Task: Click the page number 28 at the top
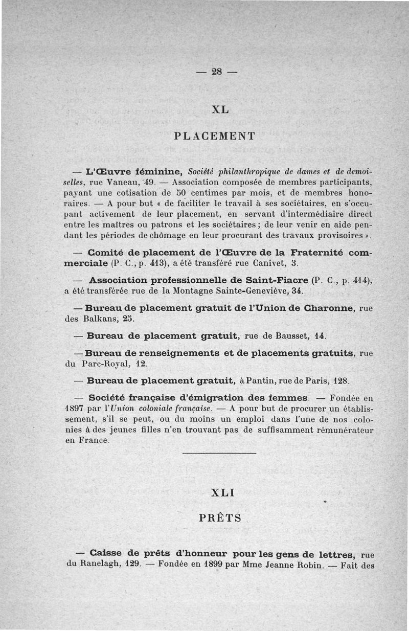click(x=217, y=72)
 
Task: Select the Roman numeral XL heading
click(x=219, y=109)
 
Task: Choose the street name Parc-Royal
click(x=102, y=364)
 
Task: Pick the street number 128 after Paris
click(x=341, y=381)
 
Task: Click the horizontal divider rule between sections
click(x=219, y=454)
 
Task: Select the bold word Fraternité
click(x=318, y=253)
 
